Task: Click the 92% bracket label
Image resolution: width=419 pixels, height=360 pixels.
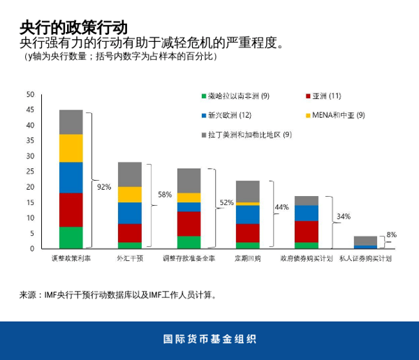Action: coord(104,187)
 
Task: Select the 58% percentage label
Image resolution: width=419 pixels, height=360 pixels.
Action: coord(166,195)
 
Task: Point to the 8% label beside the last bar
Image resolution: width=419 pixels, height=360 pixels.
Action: coord(391,235)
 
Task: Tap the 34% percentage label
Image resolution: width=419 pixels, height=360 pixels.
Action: coord(344,216)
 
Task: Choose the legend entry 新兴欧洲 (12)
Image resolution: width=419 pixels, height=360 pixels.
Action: coord(230,114)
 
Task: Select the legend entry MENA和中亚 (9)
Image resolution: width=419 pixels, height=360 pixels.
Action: coord(338,114)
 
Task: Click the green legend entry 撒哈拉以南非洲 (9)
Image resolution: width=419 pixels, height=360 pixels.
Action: coord(238,96)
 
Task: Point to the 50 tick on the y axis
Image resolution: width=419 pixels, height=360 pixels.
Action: coord(29,95)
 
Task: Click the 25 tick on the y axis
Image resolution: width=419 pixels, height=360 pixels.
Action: coord(29,172)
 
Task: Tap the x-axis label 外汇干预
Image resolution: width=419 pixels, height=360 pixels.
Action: coord(130,258)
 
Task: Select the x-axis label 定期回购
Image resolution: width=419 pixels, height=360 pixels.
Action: coord(247,258)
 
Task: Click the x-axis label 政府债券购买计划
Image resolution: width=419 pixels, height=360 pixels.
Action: coord(307,258)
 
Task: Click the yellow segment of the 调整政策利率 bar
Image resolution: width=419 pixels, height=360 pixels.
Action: coord(71,148)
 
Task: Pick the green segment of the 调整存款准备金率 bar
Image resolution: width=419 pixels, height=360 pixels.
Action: coord(189,242)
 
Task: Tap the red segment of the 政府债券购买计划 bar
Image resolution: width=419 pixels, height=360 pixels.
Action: coord(307,232)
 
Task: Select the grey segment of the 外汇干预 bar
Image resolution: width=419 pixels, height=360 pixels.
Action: coord(130,174)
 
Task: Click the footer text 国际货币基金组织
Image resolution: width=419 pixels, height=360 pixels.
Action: coord(209,340)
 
